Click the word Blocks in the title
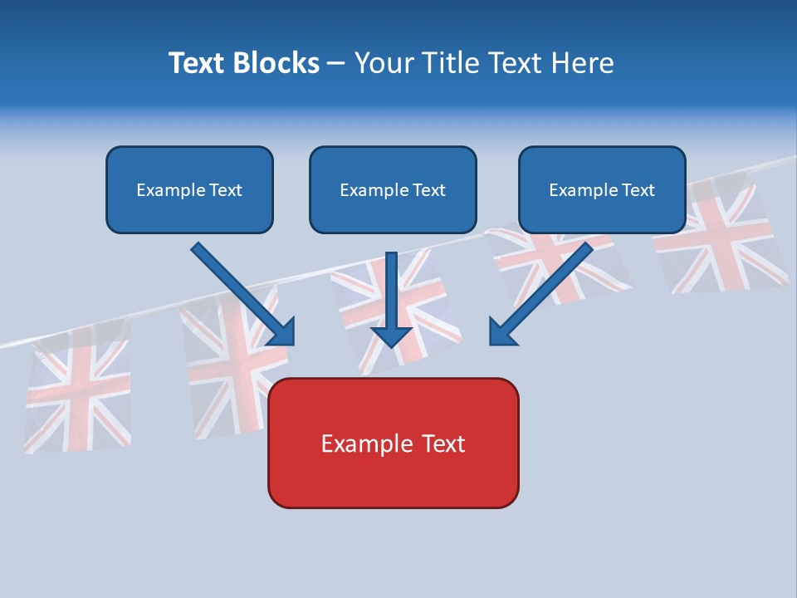[x=278, y=63]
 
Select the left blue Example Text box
[x=189, y=189]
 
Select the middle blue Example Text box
[x=393, y=189]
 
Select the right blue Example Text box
[x=602, y=189]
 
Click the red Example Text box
[x=393, y=443]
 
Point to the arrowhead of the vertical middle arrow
[x=391, y=336]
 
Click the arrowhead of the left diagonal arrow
[x=283, y=332]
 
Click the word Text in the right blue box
[x=638, y=190]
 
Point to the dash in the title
[x=336, y=64]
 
